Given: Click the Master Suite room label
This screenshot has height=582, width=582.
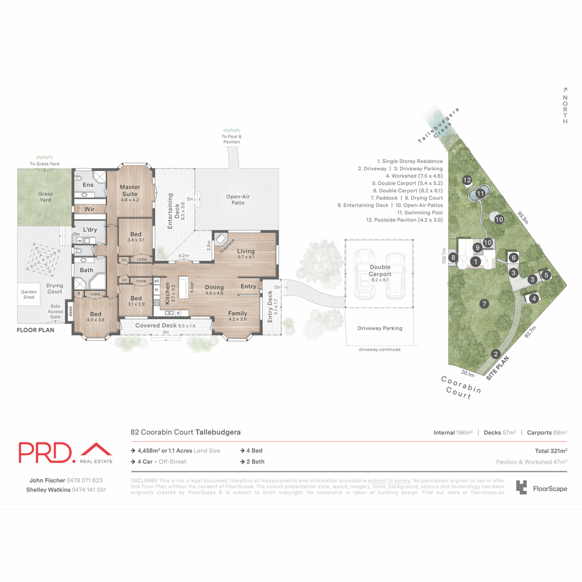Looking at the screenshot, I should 129,190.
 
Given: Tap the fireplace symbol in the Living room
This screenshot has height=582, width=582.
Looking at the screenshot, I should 221,239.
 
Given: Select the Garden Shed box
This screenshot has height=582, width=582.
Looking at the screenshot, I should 29,294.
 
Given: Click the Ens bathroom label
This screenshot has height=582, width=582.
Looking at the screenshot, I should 88,185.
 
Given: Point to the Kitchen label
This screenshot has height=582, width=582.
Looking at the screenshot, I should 167,293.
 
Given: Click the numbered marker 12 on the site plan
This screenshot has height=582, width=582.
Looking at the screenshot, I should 467,180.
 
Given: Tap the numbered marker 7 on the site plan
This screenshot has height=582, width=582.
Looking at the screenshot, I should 484,304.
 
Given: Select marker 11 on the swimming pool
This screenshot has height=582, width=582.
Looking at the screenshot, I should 480,194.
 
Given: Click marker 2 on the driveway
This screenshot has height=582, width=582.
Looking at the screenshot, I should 496,354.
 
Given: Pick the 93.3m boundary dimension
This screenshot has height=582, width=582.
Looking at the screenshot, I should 522,217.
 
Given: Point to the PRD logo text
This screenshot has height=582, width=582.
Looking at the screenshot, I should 45,453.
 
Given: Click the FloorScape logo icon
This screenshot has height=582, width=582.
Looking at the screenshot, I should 521,487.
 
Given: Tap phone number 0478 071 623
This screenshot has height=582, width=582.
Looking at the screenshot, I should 84,480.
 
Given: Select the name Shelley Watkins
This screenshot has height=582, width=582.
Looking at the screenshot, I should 48,490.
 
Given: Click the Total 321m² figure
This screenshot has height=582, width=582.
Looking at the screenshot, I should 550,451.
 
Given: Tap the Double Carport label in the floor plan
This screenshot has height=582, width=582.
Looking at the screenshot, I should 380,270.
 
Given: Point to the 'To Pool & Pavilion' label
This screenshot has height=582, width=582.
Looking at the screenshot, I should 231,139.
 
